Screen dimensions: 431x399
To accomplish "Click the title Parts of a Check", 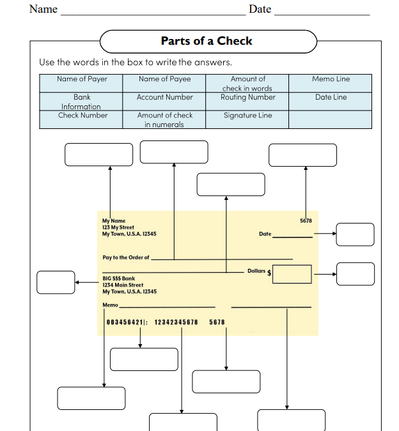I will (207, 41).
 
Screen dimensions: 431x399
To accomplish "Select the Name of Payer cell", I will (82, 79).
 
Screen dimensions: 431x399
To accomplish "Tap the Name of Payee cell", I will (164, 79).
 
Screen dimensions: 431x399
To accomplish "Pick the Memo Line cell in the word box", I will (331, 79).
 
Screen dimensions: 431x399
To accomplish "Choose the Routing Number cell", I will (247, 98).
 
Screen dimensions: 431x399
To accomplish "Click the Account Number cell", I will (164, 98).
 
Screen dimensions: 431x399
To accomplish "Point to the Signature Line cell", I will (247, 116).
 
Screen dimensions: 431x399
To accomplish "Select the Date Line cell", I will (331, 98).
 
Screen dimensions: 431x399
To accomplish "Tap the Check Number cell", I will (82, 116).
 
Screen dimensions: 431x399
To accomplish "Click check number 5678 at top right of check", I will (306, 221).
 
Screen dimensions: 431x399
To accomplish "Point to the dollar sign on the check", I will (269, 273).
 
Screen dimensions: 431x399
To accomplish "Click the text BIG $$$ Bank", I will (119, 278).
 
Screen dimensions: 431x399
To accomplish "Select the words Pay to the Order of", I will (125, 258).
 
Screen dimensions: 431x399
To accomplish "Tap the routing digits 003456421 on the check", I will (125, 322).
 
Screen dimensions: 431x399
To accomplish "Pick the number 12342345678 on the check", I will (176, 322).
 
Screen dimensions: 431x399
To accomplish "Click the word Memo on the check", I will (110, 305).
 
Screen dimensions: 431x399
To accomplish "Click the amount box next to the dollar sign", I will (292, 274).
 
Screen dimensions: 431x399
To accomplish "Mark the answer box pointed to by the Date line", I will (355, 234).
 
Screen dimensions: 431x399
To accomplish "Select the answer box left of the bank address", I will (56, 282).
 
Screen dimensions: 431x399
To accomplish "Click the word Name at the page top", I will (43, 10).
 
